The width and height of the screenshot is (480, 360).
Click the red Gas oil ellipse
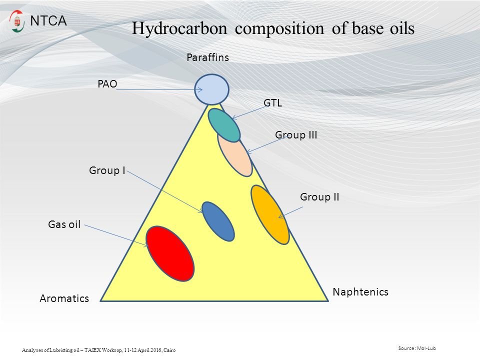point(170,253)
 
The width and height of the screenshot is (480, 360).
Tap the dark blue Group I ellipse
point(218,221)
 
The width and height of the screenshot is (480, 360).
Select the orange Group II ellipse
point(270,214)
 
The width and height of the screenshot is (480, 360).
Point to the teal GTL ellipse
point(224,125)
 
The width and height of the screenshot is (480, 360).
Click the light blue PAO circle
point(212,89)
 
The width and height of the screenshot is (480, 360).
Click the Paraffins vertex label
point(208,57)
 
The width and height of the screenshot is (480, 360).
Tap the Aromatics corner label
point(64,298)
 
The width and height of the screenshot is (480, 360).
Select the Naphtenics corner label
point(360,291)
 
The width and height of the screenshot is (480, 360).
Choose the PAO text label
point(107,84)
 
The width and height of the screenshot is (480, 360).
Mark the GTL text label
point(273,103)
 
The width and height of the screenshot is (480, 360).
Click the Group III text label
point(296,135)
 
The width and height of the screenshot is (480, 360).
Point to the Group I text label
point(107,170)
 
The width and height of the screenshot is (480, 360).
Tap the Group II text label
point(319,197)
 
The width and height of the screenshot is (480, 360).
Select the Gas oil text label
point(64,224)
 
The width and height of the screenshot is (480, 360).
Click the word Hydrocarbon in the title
point(179,28)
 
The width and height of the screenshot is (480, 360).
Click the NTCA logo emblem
point(16,21)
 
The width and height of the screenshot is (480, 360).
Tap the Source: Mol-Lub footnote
point(417,348)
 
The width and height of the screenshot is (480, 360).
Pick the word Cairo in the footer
point(169,350)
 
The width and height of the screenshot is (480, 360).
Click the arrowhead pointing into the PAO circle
point(199,89)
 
